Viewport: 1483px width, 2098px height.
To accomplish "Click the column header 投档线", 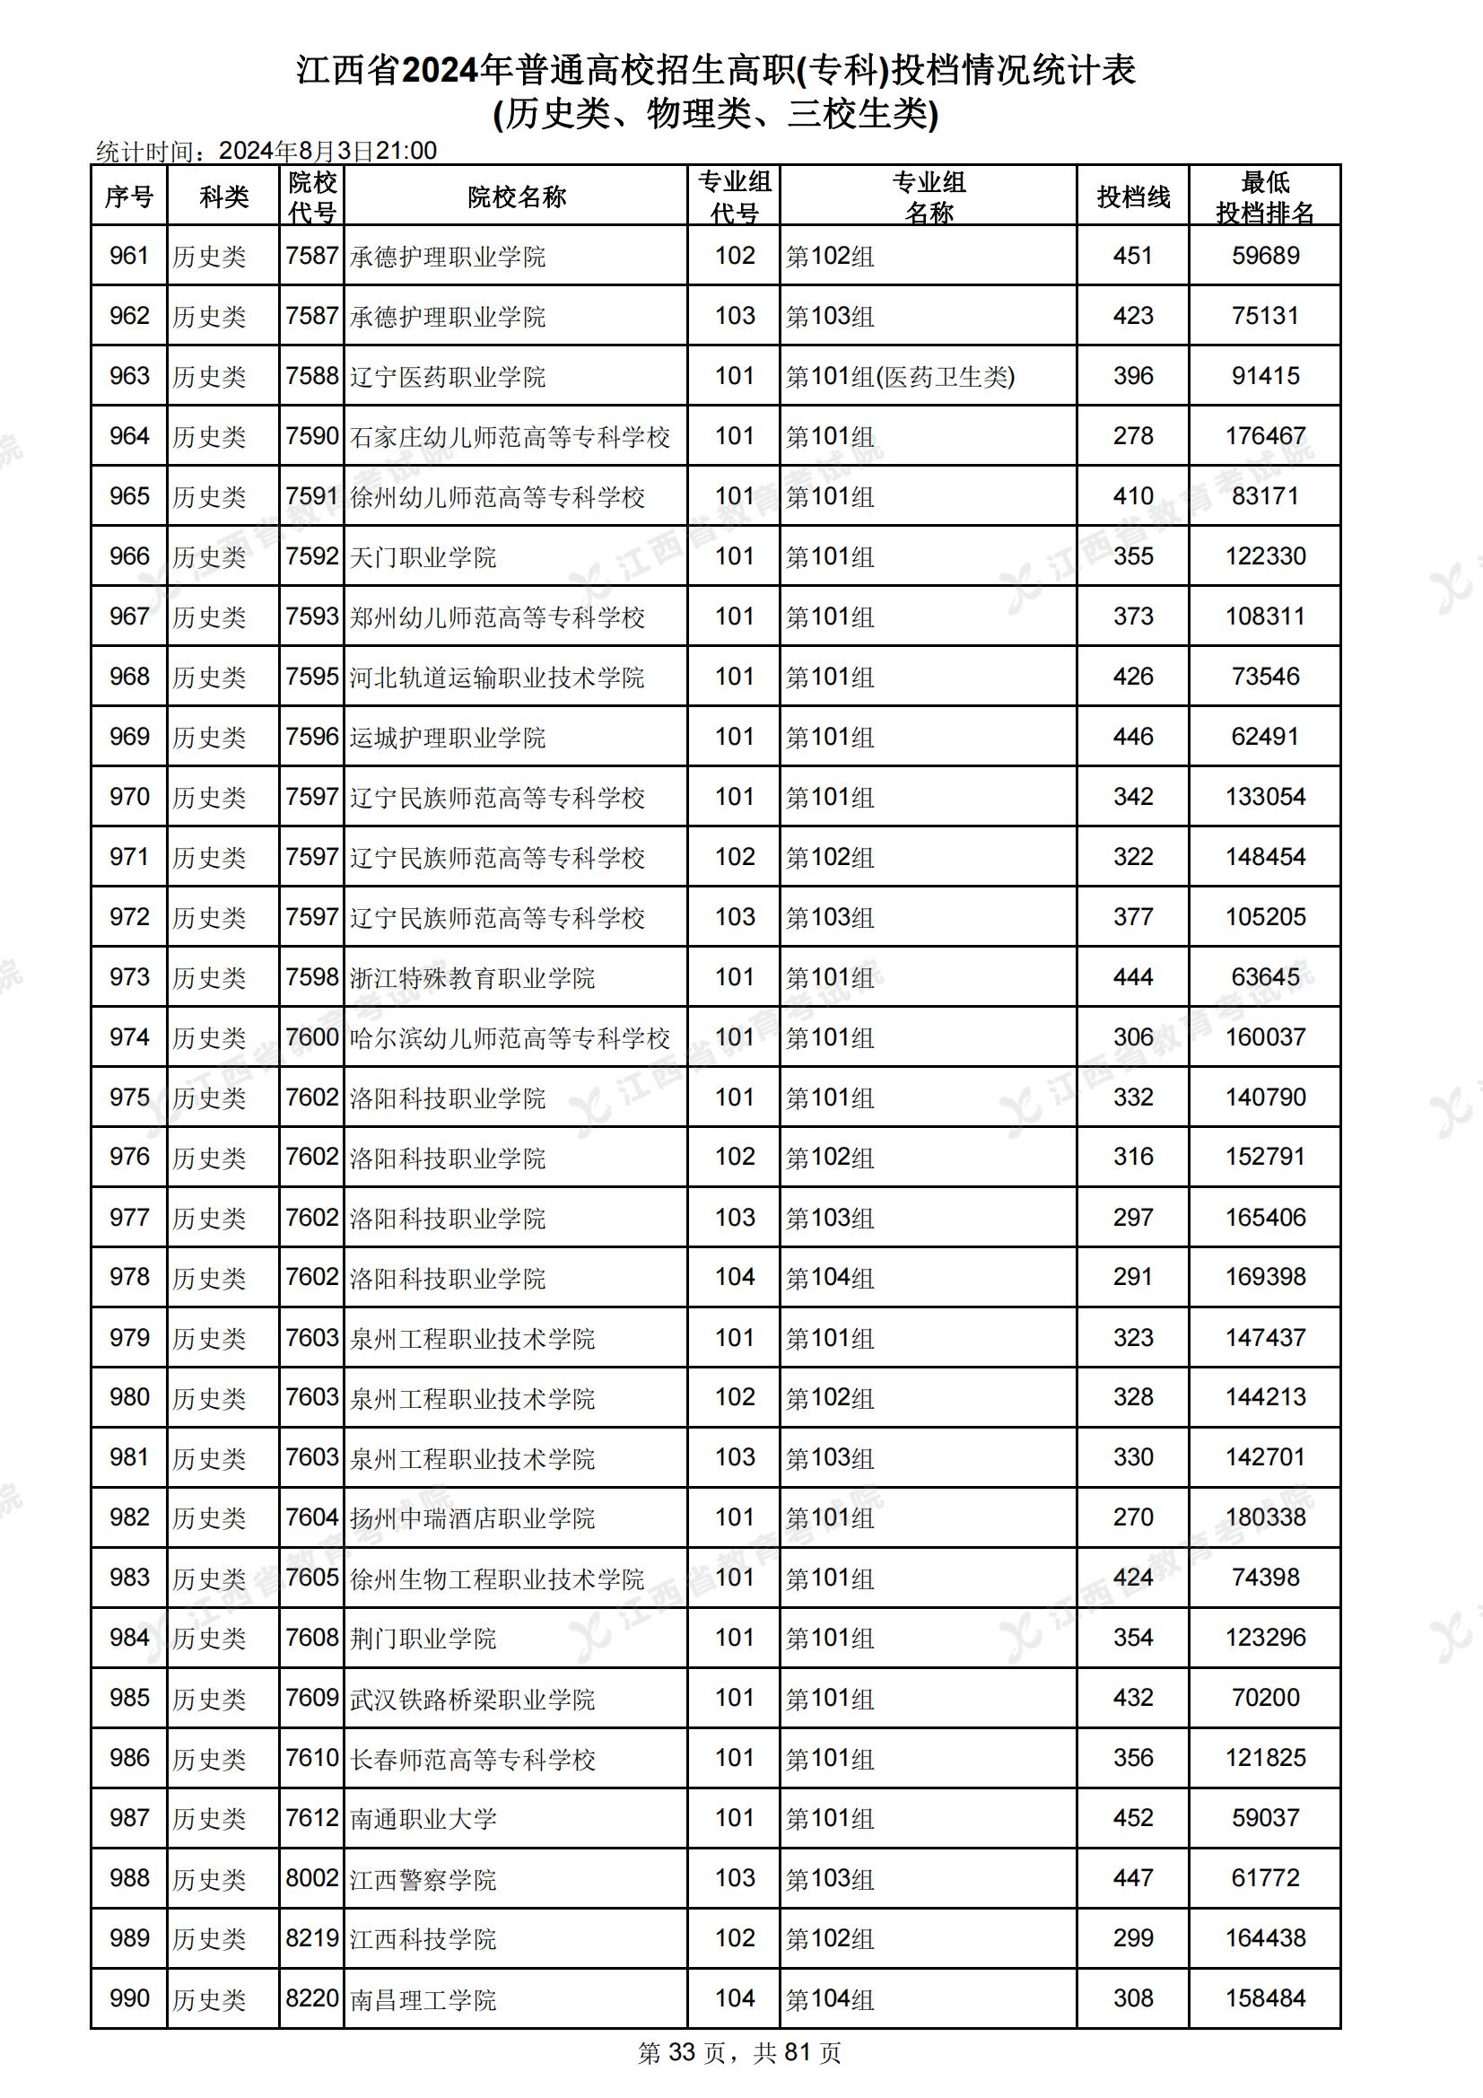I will pos(1132,197).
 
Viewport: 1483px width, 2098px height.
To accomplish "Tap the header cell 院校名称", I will pos(516,197).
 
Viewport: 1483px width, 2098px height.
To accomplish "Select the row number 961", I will pos(129,256).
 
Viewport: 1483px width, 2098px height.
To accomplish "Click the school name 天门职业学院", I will pos(423,556).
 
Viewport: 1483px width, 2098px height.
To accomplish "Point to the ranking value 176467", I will pos(1265,436).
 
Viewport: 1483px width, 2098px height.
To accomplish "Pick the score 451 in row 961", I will pos(1132,256).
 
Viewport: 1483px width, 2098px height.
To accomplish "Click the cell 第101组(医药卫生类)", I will pos(900,377).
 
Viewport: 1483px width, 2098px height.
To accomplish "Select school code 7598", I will pos(311,977).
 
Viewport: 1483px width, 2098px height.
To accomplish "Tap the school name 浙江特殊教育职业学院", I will pos(472,978).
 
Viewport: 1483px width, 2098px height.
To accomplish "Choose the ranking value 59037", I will pos(1265,1817).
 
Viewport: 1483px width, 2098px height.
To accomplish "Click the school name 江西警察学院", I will pos(423,1879).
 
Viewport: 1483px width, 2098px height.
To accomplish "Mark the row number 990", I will pos(129,1998).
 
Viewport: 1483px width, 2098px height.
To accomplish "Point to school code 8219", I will pos(311,1938).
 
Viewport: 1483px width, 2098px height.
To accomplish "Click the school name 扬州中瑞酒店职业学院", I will pos(472,1517).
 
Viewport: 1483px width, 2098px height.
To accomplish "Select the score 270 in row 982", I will pos(1132,1517).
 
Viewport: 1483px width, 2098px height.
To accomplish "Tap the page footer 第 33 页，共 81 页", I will pos(739,2053).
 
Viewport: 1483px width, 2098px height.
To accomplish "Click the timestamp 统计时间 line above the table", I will pos(266,151).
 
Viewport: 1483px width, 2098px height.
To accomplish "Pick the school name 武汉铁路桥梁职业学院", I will pos(472,1699).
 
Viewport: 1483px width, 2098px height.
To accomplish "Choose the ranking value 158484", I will pos(1265,1998).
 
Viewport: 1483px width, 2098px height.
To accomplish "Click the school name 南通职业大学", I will pos(423,1818).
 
